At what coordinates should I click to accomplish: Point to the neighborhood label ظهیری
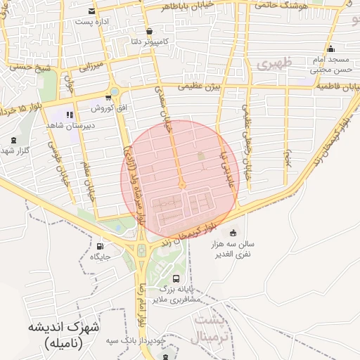272,65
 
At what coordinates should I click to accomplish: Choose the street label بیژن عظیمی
199,86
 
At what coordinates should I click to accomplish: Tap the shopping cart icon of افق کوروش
108,98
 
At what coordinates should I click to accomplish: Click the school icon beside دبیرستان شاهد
69,115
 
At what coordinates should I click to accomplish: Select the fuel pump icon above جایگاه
100,247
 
